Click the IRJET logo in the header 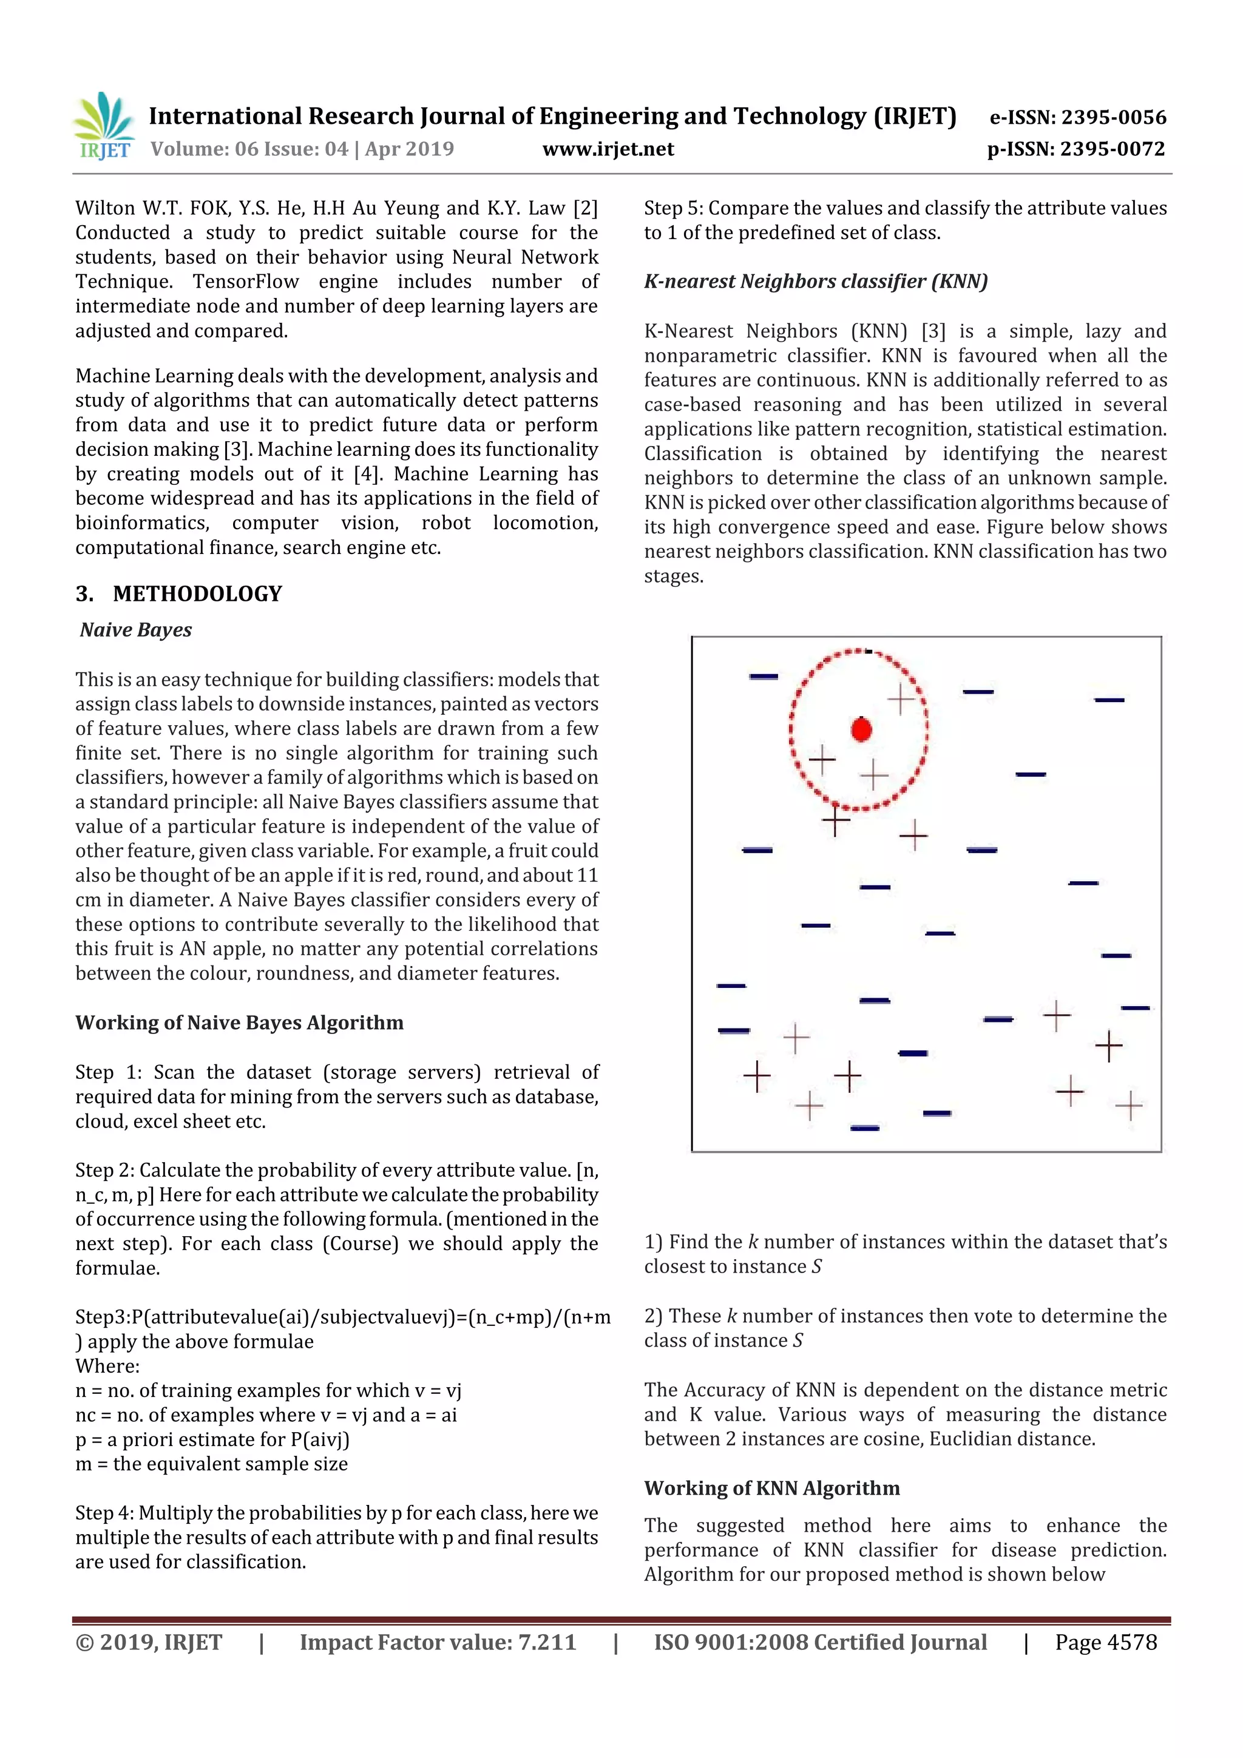105,126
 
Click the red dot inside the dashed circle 862,729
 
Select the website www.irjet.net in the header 608,149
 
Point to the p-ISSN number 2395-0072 1113,149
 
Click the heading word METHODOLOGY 198,593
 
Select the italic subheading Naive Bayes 135,629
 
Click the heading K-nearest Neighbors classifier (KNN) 816,281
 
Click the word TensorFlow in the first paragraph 245,281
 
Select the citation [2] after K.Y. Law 584,208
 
